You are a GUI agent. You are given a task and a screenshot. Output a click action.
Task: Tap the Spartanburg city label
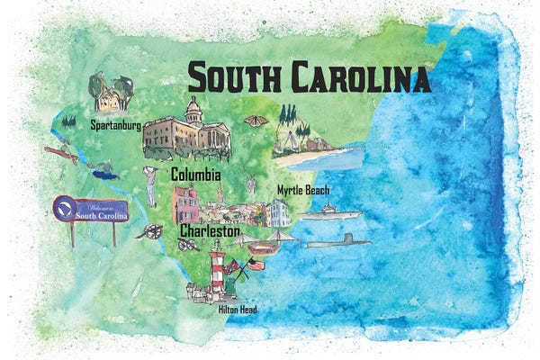coord(114,126)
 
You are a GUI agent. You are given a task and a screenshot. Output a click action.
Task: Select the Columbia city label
coord(196,174)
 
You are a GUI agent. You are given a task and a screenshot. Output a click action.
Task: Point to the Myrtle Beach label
coord(303,190)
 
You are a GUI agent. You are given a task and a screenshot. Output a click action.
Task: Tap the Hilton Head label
coord(238,310)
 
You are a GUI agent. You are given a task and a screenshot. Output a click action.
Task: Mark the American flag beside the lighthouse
coord(256,264)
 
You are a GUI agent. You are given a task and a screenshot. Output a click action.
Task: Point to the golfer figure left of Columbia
coord(150,184)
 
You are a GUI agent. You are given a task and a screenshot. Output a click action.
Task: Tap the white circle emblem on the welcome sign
coord(63,207)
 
